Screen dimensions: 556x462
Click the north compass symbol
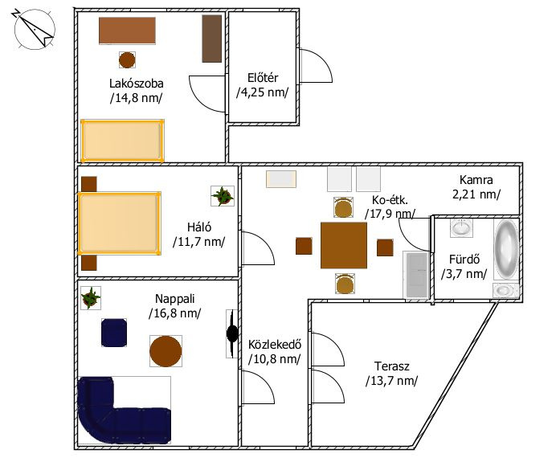(34, 29)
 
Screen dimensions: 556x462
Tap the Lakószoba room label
(136, 84)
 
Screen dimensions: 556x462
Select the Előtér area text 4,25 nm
(263, 92)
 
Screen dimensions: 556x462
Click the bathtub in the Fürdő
(506, 249)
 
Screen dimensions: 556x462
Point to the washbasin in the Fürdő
(461, 227)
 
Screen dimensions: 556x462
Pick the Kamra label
(476, 180)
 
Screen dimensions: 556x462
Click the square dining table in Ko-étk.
(344, 245)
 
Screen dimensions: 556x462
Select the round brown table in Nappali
(166, 351)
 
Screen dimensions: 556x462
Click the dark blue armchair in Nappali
(114, 333)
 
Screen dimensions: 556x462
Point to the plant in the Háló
(223, 196)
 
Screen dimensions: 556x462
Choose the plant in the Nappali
(91, 298)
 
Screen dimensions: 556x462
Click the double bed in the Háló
(119, 223)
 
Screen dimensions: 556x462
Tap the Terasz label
(392, 366)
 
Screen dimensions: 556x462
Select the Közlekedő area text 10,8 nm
(275, 359)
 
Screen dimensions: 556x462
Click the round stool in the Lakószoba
(127, 60)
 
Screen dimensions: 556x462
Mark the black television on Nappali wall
(232, 333)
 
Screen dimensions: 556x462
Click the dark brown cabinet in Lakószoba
(212, 39)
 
